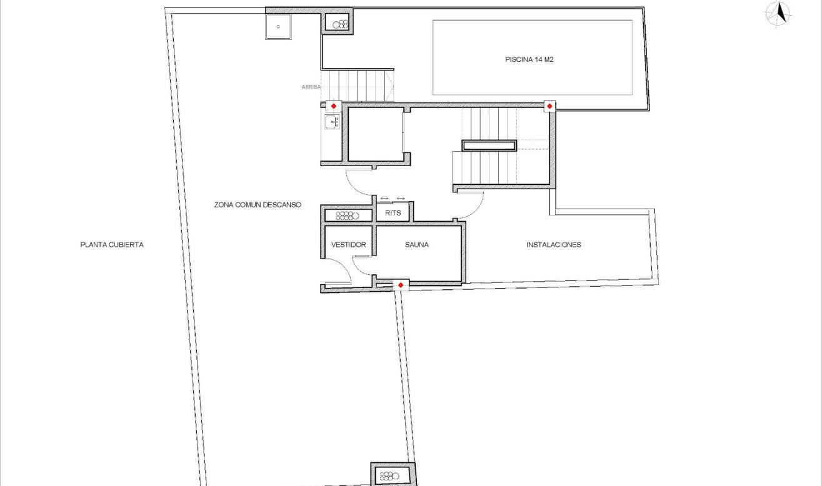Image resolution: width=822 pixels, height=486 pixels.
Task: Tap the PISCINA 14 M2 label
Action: coord(529,60)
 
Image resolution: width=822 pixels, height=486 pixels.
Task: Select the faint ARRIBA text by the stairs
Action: coord(311,87)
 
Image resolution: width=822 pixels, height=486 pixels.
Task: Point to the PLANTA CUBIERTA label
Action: coord(112,245)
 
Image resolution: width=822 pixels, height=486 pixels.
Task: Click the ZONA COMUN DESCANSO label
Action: coord(258,205)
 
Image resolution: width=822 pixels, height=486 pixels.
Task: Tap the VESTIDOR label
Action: coord(348,245)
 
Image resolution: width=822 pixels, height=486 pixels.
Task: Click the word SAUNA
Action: coord(416,245)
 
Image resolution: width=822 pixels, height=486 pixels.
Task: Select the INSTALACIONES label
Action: coord(553,245)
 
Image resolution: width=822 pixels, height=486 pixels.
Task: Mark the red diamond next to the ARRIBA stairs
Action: coord(334,106)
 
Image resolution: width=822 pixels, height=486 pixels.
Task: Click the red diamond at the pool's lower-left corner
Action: coord(549,106)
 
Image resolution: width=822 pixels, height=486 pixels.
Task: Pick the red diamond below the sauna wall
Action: coord(400,285)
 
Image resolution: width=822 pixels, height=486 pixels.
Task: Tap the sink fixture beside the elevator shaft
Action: coord(331,122)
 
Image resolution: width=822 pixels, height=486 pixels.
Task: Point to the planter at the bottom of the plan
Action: coord(393,475)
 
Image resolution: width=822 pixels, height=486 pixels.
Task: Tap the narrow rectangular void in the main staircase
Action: coord(489,146)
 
